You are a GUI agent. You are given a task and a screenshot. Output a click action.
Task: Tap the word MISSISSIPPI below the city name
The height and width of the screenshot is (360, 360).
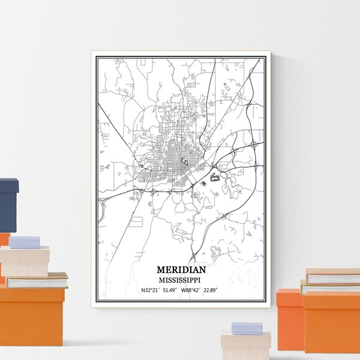pyautogui.click(x=179, y=279)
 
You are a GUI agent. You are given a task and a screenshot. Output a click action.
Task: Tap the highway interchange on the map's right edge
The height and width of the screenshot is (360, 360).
pyautogui.click(x=255, y=145)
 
